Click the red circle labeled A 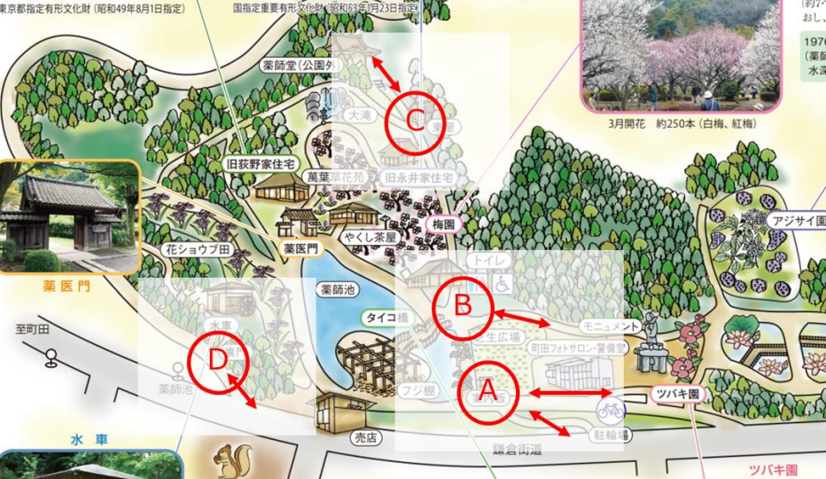[x=486, y=390]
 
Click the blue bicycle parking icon [x=610, y=410]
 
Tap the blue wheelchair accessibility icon [x=503, y=284]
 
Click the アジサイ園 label [x=799, y=221]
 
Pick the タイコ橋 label [x=386, y=317]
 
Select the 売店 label [x=365, y=437]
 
